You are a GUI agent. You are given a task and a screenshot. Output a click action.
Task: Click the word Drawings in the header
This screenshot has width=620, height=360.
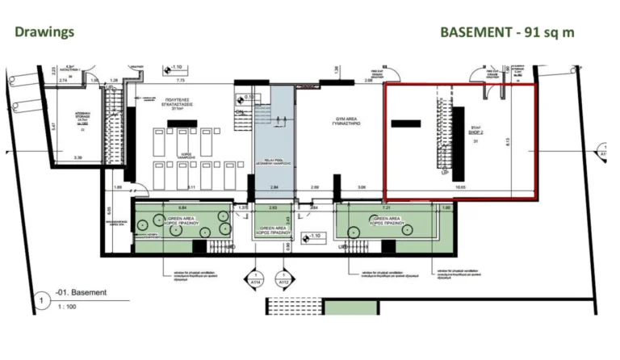44,31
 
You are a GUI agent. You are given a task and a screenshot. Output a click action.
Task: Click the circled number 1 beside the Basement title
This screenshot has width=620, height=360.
39,301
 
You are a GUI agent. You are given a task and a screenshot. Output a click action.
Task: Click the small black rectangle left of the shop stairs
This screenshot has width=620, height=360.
405,123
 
